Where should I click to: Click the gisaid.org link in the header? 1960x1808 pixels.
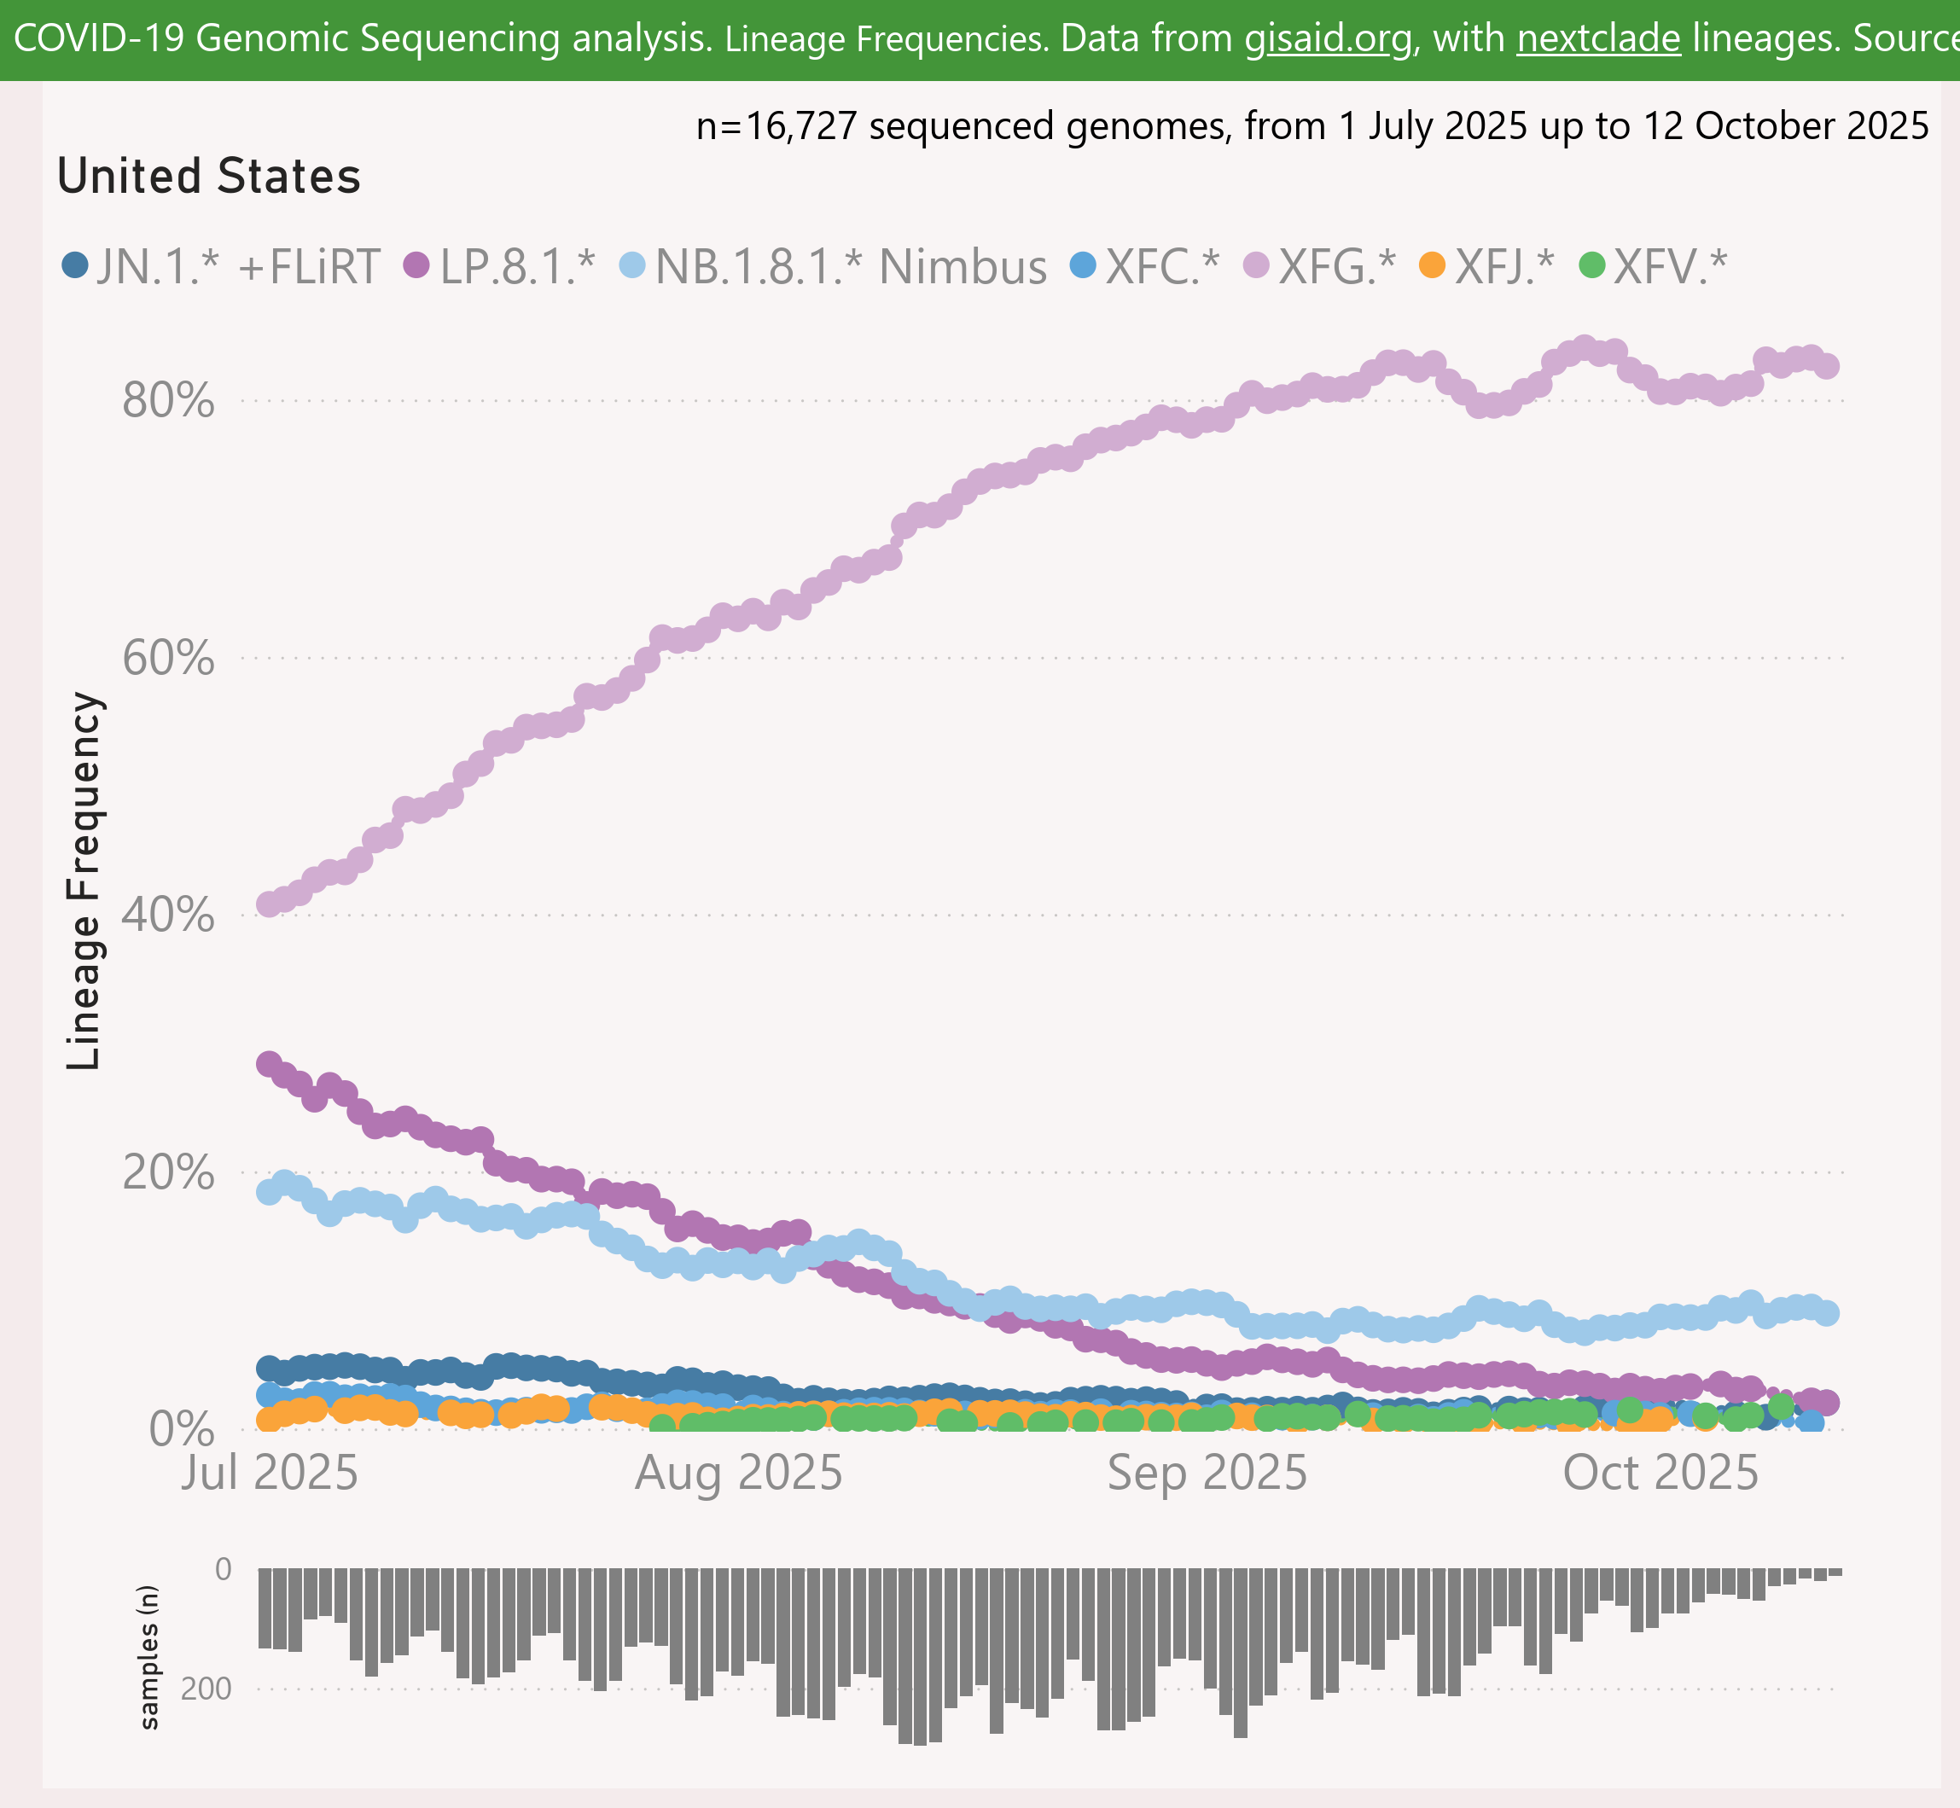(x=1328, y=38)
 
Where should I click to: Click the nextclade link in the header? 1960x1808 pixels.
(x=1598, y=38)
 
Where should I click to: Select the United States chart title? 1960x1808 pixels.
(x=208, y=177)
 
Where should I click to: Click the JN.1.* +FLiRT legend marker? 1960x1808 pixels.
(x=74, y=265)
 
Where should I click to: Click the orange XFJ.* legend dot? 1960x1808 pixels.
(x=1432, y=265)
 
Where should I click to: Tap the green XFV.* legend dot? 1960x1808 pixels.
(x=1592, y=265)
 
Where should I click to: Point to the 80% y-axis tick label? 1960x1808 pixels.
(x=167, y=400)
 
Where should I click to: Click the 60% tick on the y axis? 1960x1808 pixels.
(x=167, y=658)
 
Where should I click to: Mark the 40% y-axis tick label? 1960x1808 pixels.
(x=167, y=916)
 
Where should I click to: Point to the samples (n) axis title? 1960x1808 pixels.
(x=148, y=1656)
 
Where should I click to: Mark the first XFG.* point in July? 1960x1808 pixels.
(x=269, y=904)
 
